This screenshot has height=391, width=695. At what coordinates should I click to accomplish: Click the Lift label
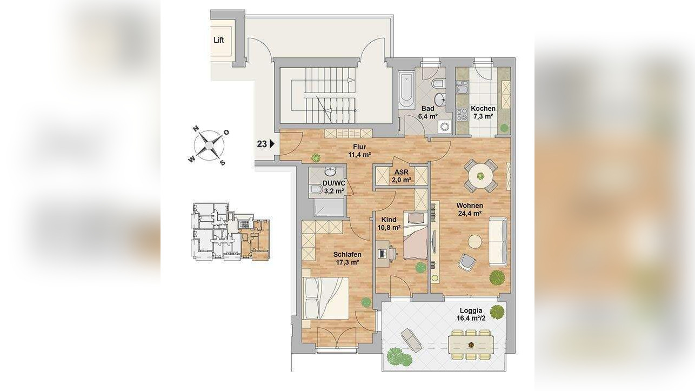[219, 40]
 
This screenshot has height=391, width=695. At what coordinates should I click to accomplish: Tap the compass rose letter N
[196, 129]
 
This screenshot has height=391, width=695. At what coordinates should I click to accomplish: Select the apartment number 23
[262, 144]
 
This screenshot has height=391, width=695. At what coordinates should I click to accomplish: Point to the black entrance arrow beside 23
[272, 144]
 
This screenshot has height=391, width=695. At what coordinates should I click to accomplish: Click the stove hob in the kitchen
[462, 114]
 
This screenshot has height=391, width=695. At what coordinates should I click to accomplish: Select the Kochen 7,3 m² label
[483, 112]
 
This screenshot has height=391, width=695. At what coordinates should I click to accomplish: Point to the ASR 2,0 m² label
[402, 176]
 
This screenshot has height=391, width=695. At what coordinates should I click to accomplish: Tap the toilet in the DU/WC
[316, 189]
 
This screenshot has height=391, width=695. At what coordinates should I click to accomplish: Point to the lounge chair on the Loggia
[411, 340]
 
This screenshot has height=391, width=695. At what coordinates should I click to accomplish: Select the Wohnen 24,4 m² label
[470, 209]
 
